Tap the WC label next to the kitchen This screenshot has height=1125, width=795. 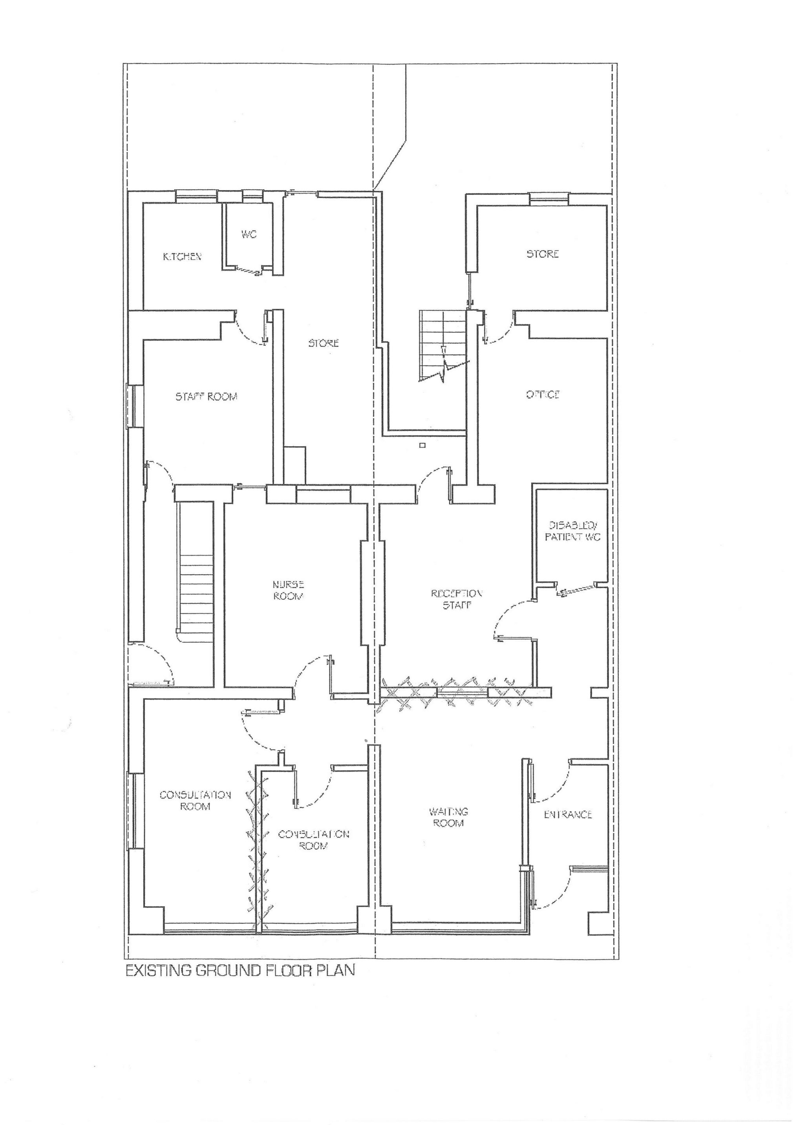click(249, 235)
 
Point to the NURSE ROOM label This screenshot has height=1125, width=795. click(288, 590)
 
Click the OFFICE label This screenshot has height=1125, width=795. click(543, 394)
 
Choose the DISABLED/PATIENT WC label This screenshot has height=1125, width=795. click(572, 531)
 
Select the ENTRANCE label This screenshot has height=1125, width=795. click(568, 814)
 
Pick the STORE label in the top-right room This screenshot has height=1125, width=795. click(542, 254)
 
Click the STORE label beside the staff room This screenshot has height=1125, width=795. click(323, 343)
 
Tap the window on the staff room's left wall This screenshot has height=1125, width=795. click(133, 406)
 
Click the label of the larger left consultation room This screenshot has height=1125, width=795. click(195, 801)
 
